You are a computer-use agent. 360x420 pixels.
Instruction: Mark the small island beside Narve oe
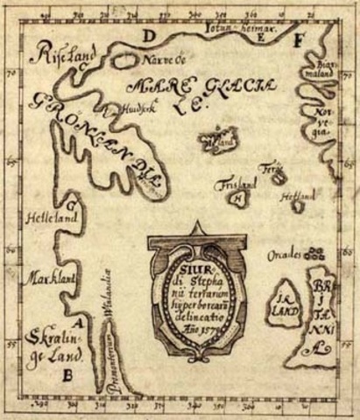coord(121,60)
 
